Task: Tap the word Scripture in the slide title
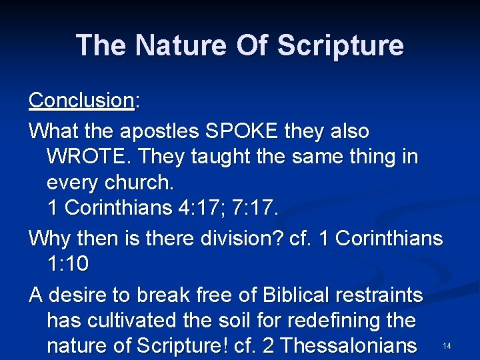coord(340,45)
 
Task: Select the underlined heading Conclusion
coord(81,100)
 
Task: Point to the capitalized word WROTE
coord(85,157)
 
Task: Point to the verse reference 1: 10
coord(67,264)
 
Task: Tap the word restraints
coord(383,294)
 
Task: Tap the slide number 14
coord(446,346)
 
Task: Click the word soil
coord(243,320)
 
